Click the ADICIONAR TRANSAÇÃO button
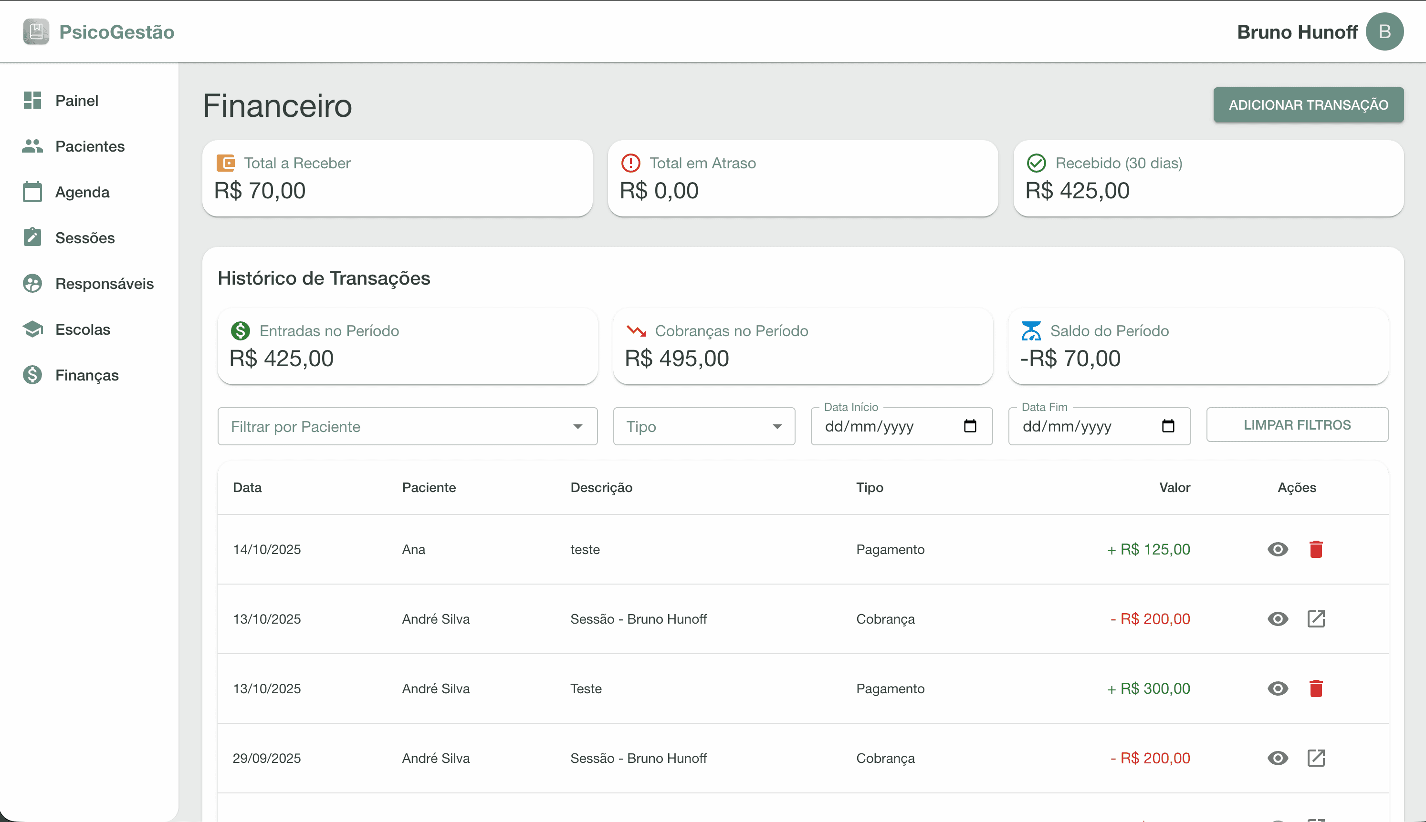[1308, 105]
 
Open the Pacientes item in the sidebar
[89, 146]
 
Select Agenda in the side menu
[82, 192]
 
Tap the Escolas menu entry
[83, 329]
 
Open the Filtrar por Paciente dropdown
[407, 426]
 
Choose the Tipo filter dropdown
[703, 426]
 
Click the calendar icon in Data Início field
[969, 426]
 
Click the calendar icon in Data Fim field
[1168, 426]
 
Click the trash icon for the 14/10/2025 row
[1316, 549]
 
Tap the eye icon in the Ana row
[1278, 549]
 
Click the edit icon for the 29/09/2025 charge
[1316, 758]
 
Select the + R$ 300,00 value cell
[1149, 688]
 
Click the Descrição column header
[601, 487]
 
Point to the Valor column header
[1174, 487]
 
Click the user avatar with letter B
[1384, 31]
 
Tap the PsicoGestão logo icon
[36, 31]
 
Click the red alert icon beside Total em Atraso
[630, 163]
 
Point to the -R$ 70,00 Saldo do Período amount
[1070, 359]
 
